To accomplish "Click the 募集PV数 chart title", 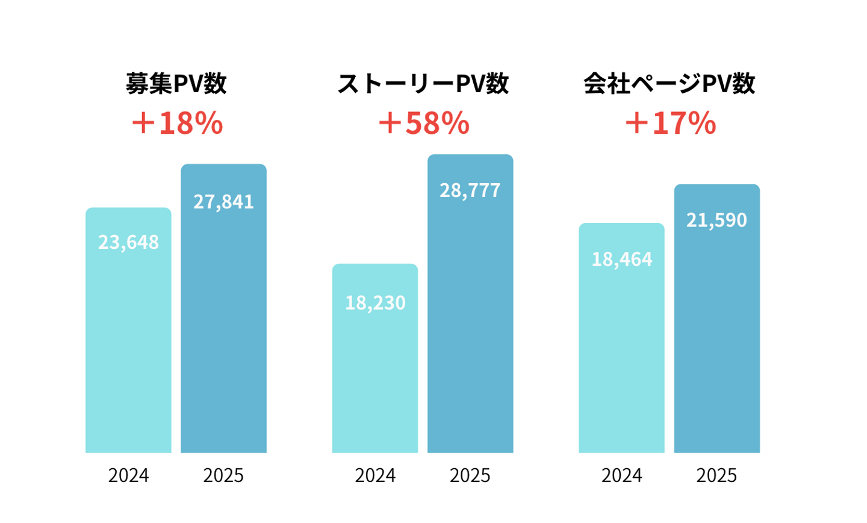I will click(x=176, y=84).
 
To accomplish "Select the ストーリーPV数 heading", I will click(x=423, y=84).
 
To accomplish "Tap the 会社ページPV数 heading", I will click(x=669, y=84).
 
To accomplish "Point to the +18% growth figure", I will click(x=177, y=123).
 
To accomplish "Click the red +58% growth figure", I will click(x=423, y=123).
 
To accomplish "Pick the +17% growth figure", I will click(x=670, y=123).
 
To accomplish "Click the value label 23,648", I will click(x=128, y=242).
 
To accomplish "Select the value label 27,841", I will click(x=223, y=202).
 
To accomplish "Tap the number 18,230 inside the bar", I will click(x=375, y=302).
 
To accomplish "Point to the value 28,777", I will click(x=470, y=190).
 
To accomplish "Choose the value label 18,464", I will click(x=621, y=259).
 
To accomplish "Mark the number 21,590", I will click(x=716, y=220).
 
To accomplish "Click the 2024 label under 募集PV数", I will click(x=128, y=475).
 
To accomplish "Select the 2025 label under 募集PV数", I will click(x=223, y=475).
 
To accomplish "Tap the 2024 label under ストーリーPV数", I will click(x=375, y=475).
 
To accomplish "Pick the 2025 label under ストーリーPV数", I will click(x=470, y=475).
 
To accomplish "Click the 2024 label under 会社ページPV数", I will click(x=621, y=475).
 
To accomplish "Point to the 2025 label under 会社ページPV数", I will click(x=716, y=475).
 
